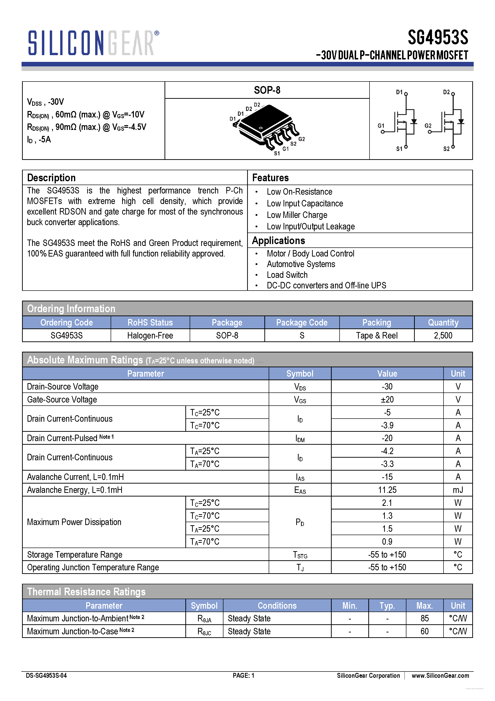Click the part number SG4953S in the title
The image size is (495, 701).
(x=438, y=38)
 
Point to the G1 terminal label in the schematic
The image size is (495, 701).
(x=381, y=126)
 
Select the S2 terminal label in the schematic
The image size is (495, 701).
(x=446, y=149)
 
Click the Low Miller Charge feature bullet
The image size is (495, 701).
(x=297, y=215)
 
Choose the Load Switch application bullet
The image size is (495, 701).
(x=287, y=275)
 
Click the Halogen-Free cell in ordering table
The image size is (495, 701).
(x=150, y=336)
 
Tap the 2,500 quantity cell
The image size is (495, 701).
(x=443, y=336)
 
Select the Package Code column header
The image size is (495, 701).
(x=302, y=322)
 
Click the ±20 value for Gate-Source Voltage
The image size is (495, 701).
(x=387, y=399)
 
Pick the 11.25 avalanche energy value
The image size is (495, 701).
(x=387, y=490)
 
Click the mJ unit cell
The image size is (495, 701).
(x=458, y=490)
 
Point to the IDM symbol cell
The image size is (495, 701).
(x=300, y=438)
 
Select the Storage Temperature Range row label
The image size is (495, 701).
(x=75, y=555)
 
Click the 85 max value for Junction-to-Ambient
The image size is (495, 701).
(x=425, y=618)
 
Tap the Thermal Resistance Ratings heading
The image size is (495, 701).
(x=86, y=592)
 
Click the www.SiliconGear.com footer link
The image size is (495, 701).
(x=440, y=676)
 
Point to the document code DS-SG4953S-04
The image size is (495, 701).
(x=46, y=676)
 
